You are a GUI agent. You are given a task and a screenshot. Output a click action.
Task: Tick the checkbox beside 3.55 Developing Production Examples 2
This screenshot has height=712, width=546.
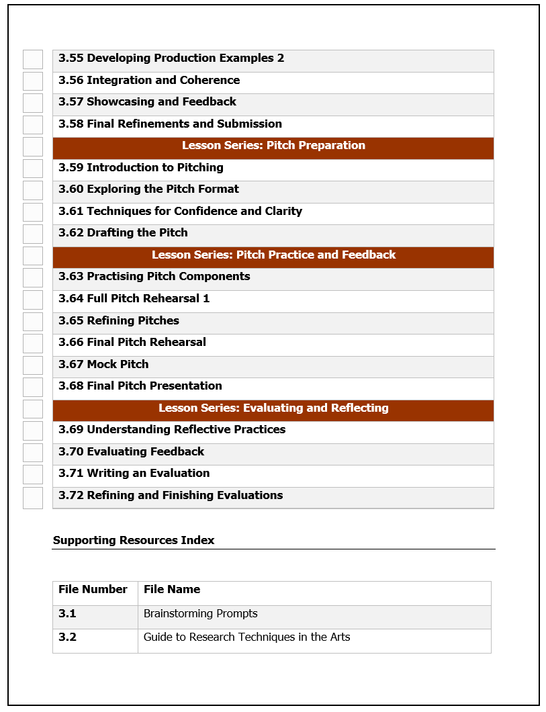(33, 59)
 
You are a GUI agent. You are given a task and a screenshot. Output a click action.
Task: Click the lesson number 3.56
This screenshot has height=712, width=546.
(71, 81)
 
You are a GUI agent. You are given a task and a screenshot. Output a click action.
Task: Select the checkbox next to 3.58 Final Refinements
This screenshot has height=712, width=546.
(33, 125)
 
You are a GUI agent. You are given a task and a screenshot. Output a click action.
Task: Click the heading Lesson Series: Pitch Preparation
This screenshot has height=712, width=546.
(273, 146)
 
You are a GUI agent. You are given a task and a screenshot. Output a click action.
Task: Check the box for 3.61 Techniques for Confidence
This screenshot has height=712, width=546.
(33, 212)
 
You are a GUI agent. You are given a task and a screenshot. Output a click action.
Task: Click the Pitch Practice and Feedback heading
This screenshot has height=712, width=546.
(273, 255)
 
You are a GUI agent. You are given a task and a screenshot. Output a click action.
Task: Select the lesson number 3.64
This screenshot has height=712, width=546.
(71, 299)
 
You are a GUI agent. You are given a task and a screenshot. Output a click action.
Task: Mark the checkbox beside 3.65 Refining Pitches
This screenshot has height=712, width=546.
(33, 322)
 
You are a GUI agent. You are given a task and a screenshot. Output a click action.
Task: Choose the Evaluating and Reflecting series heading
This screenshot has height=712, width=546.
(273, 408)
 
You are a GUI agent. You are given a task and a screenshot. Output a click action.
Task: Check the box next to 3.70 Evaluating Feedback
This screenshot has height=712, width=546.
(33, 453)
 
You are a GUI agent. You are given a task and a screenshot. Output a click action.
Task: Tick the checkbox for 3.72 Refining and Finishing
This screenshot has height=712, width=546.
(33, 498)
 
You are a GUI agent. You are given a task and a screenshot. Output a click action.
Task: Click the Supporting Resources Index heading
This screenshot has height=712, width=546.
(134, 541)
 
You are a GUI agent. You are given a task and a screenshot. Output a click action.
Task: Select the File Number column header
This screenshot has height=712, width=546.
(93, 590)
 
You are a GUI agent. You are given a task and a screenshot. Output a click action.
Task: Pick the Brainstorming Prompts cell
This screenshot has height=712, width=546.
(200, 614)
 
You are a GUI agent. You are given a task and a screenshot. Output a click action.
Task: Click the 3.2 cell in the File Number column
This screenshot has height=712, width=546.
(68, 637)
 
